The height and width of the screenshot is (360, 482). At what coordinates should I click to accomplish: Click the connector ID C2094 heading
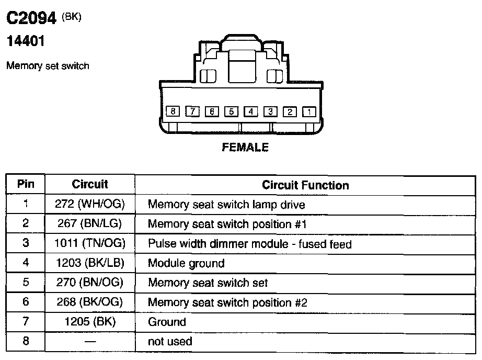(x=31, y=19)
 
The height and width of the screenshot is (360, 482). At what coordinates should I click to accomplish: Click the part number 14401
(x=25, y=41)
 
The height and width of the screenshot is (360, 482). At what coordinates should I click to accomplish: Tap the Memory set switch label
(x=48, y=66)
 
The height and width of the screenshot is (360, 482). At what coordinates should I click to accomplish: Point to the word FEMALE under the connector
(x=245, y=148)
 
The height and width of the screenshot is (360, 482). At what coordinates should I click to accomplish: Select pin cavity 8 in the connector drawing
(x=173, y=111)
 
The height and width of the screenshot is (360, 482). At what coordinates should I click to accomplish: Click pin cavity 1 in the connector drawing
(x=309, y=111)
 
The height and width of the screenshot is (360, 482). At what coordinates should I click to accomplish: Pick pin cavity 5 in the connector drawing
(x=231, y=111)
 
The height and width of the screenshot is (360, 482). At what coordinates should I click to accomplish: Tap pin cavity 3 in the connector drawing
(x=270, y=111)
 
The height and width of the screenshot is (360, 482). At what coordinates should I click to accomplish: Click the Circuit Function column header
(x=305, y=185)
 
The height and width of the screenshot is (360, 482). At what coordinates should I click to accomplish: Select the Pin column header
(x=26, y=184)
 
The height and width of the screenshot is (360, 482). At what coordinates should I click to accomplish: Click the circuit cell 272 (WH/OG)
(x=89, y=204)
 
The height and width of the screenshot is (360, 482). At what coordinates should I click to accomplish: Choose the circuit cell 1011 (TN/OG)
(x=89, y=243)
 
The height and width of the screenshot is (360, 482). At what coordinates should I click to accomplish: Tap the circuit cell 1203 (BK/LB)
(x=89, y=263)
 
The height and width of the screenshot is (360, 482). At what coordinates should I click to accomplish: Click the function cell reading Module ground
(x=186, y=263)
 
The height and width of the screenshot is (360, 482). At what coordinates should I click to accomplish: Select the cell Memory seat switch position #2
(x=227, y=302)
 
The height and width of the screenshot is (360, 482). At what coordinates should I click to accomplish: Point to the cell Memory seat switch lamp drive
(x=226, y=204)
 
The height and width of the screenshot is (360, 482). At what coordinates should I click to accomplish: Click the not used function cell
(x=170, y=342)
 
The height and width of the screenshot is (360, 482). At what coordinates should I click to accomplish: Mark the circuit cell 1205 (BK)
(x=89, y=322)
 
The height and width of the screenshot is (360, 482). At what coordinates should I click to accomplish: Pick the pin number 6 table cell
(x=26, y=302)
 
